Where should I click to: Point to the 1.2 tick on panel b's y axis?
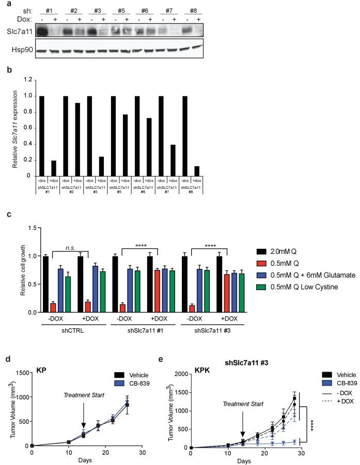[x=29, y=80]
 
